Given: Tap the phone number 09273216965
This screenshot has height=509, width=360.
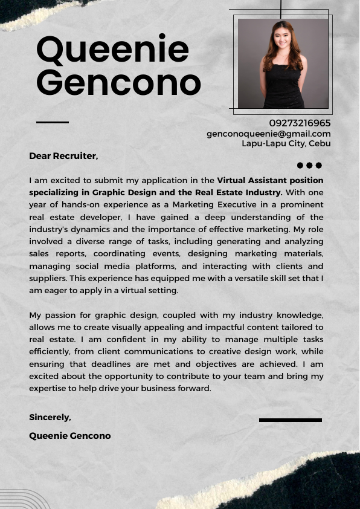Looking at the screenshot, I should tap(300, 123).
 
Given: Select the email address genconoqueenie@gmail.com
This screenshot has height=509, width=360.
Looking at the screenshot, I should tap(269, 134).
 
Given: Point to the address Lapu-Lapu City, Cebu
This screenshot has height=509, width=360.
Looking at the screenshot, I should tap(286, 143).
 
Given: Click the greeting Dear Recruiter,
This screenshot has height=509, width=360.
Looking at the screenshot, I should tap(63, 156).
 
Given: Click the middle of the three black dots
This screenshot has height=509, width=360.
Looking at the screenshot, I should tap(309, 166).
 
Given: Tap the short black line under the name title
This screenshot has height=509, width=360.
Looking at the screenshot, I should tap(53, 122).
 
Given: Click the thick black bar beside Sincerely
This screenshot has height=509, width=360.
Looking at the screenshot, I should tap(290, 420).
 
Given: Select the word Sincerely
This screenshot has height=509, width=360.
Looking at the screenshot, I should tap(50, 417).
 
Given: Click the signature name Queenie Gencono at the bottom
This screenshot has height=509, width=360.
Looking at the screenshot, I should tap(70, 436).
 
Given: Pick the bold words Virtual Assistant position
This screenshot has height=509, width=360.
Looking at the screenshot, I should tap(270, 180).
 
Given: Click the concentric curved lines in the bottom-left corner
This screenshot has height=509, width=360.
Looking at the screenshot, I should tap(24, 499).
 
